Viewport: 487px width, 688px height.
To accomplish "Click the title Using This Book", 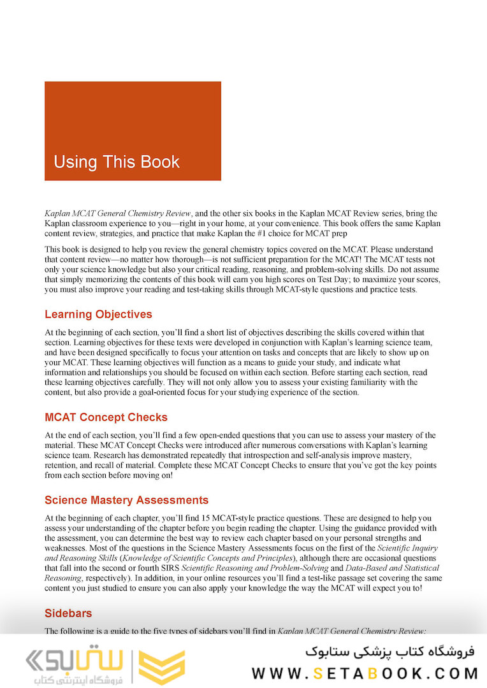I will pos(117,162).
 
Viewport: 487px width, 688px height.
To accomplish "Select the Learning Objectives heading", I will pos(98,314).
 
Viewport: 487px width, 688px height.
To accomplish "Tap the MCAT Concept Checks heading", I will pos(106,417).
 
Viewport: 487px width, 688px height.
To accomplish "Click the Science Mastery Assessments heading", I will pos(126,500).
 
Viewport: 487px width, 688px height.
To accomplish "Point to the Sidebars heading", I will pos(68,613).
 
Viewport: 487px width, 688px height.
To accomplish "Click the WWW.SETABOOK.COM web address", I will pos(365,673).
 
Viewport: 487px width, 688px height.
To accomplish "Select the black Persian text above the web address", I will pos(390,651).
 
